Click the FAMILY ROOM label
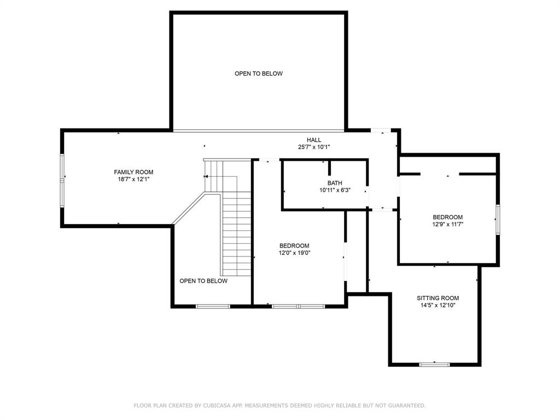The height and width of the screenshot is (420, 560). click(x=133, y=172)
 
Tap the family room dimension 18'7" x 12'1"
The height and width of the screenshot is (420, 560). click(x=133, y=179)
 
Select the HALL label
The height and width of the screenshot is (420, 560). click(x=314, y=140)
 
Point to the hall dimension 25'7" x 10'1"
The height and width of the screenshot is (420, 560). click(x=314, y=147)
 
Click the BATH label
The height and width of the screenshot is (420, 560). click(x=335, y=183)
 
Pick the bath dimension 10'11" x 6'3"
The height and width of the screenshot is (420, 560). click(x=335, y=190)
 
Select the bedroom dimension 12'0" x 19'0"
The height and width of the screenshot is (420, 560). click(x=294, y=253)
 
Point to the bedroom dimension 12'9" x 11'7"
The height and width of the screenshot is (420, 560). click(x=447, y=224)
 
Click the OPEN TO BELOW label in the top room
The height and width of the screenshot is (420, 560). click(x=259, y=74)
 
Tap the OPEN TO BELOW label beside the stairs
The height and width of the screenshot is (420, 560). click(x=203, y=281)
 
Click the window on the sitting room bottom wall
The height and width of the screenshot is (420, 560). click(x=434, y=364)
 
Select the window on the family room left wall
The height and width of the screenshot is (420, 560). click(x=63, y=176)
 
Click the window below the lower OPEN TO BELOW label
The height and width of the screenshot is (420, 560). click(x=213, y=306)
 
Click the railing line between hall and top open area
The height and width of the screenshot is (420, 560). click(x=258, y=131)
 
